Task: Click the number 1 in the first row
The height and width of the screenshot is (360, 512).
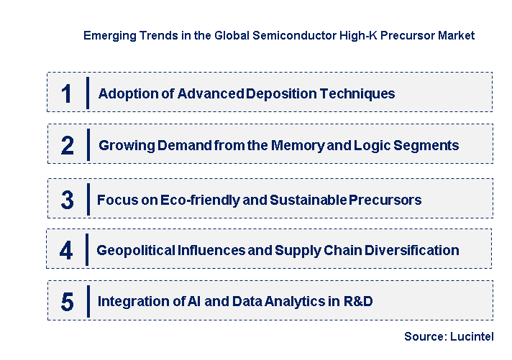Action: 66,93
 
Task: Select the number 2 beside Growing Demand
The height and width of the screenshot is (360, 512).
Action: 67,146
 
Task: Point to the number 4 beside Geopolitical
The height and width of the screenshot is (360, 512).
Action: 66,251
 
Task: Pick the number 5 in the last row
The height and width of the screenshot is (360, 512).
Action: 67,302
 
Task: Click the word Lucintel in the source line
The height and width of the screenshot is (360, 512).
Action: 470,336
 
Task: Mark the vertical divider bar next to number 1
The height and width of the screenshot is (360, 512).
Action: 87,93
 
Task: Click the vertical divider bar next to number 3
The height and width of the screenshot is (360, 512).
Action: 87,199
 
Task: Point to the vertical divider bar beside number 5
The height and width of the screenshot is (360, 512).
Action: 87,301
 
